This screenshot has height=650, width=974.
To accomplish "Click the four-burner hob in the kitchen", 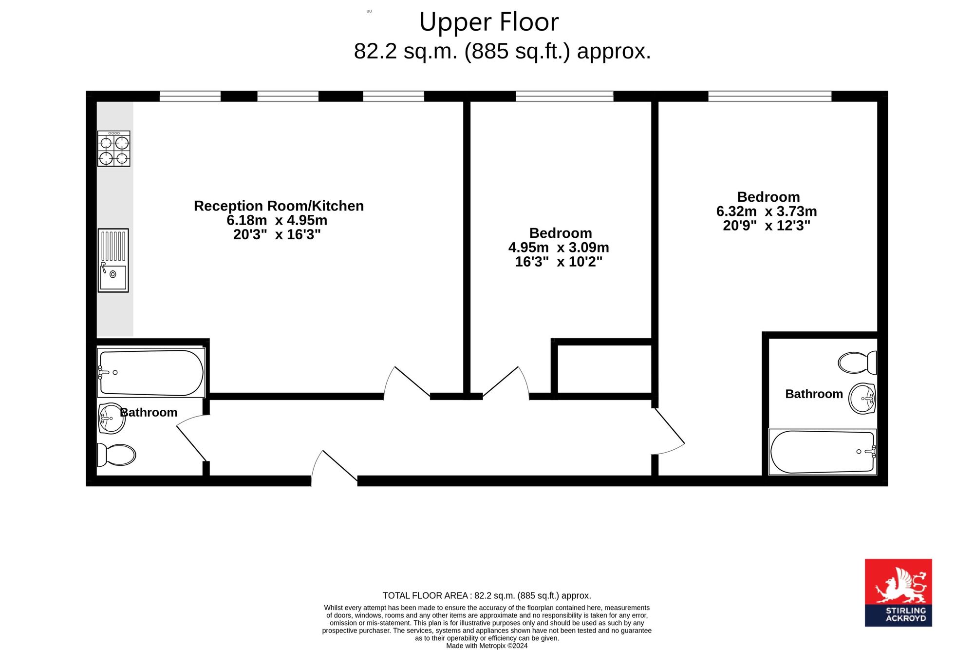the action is (113, 149).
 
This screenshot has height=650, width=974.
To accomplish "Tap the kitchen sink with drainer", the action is (113, 261).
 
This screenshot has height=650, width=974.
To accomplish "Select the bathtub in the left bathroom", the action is (151, 373).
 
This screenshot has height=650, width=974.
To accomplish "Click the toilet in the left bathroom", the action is (116, 455).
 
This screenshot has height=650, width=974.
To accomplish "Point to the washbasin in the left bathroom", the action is (112, 419).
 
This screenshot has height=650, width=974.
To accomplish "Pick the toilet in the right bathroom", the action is (858, 363).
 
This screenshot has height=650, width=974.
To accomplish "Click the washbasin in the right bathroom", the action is (862, 399).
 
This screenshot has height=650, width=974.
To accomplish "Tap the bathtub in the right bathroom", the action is (823, 452).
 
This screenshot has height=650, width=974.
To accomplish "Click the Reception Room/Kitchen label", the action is (279, 206).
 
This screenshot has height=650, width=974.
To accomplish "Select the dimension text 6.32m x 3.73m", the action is (767, 211).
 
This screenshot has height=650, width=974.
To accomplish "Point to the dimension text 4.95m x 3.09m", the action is (559, 248).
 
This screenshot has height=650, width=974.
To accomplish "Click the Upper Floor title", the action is (489, 22).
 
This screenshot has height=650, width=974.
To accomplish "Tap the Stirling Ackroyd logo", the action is (899, 593).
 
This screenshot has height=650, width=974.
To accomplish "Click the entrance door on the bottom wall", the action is (335, 468).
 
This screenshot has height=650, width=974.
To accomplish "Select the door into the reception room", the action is (407, 383).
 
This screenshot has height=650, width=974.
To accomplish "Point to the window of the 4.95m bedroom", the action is (564, 96).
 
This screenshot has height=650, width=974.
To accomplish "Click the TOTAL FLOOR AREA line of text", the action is (487, 595).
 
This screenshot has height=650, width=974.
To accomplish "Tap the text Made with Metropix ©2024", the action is (487, 646).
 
